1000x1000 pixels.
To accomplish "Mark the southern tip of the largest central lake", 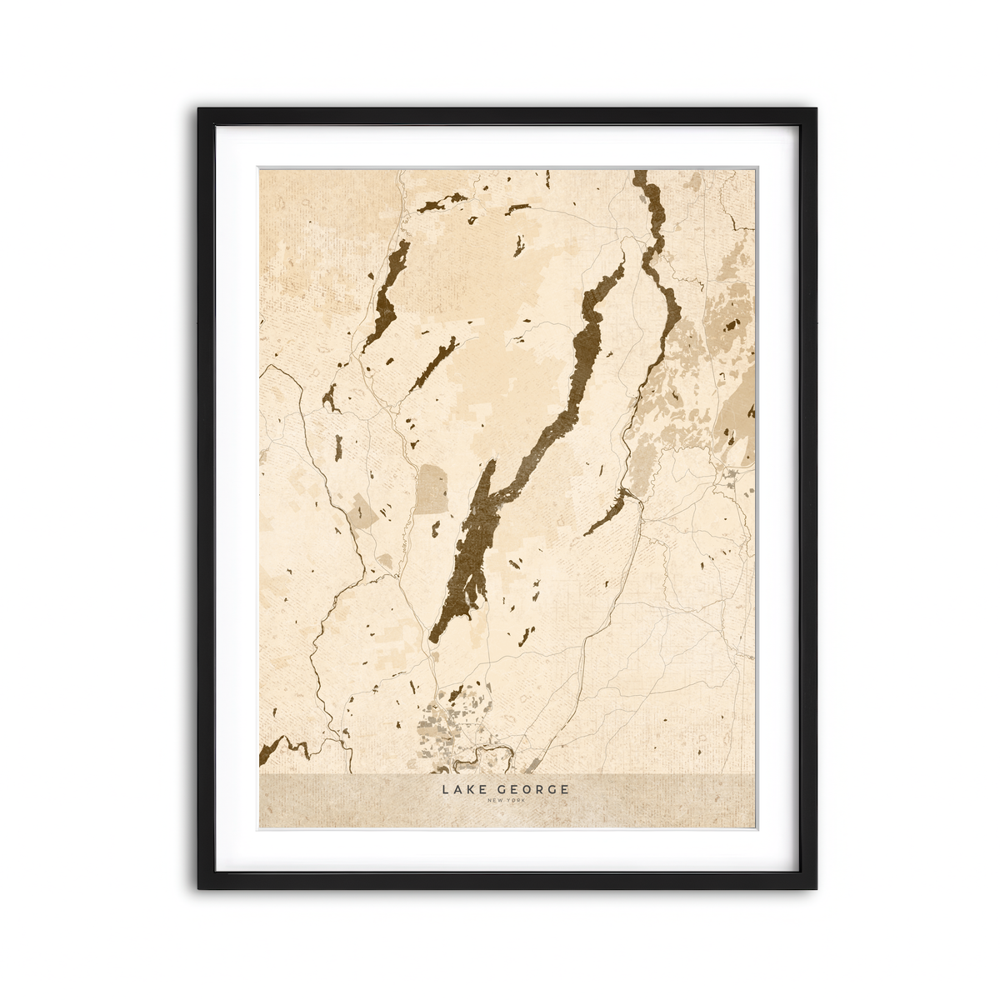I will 432,640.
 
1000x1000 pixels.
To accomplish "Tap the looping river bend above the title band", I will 483,757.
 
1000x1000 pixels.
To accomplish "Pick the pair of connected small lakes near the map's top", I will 442,202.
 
